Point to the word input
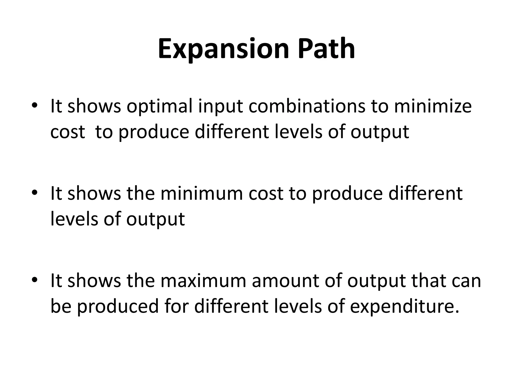pos(220,106)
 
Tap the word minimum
pos(202,194)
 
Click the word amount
pos(285,281)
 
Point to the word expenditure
pos(405,306)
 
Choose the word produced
pos(118,306)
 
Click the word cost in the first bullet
pos(67,132)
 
